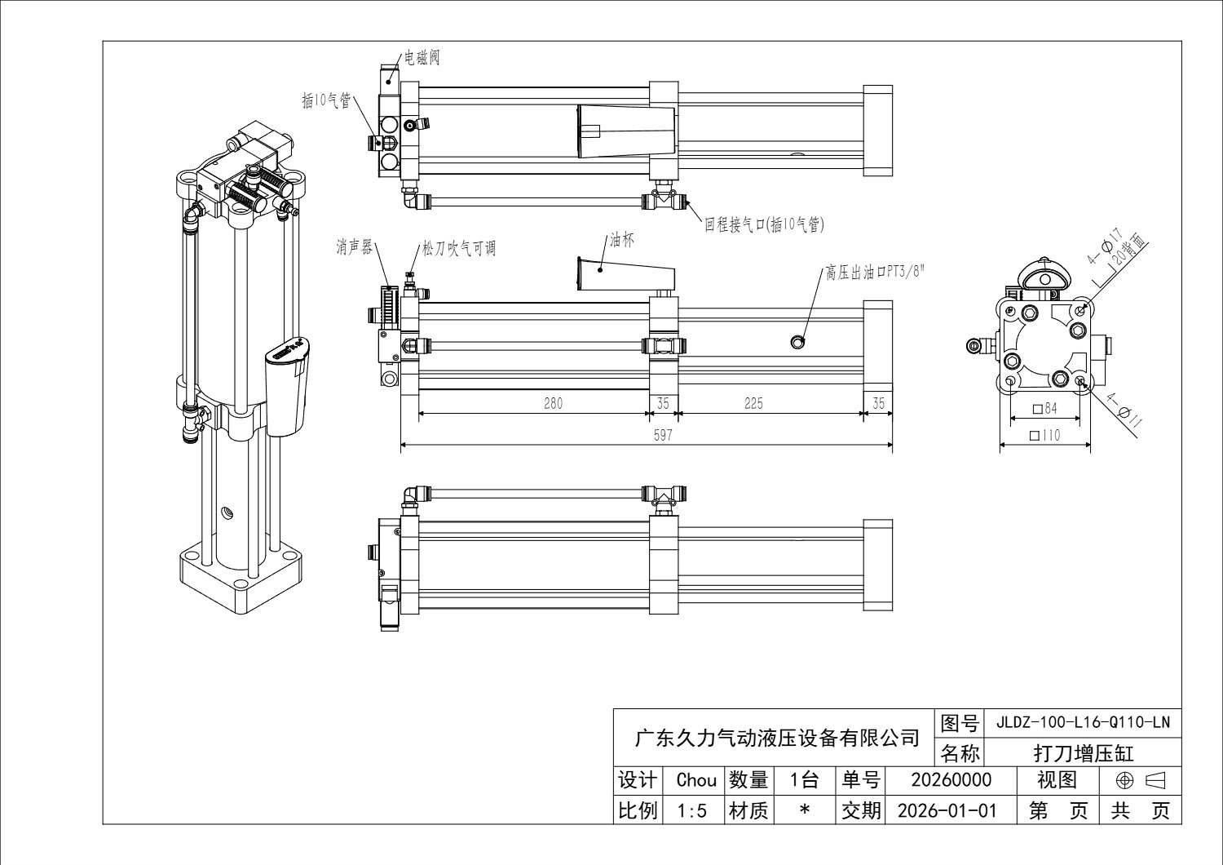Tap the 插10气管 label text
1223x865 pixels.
(326, 100)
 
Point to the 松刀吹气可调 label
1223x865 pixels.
(458, 249)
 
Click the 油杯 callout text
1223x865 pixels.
(621, 241)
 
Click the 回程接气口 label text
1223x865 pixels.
(765, 224)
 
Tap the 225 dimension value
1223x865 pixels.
(753, 403)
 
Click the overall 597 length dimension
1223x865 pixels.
(663, 435)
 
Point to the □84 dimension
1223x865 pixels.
(1044, 408)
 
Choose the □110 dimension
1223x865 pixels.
(1044, 436)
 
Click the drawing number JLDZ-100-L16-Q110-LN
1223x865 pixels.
(1083, 722)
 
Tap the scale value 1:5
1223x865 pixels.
(695, 810)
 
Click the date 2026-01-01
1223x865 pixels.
(947, 810)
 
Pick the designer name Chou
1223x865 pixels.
(695, 780)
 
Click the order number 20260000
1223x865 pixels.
(951, 780)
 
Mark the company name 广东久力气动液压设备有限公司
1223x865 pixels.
(776, 738)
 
